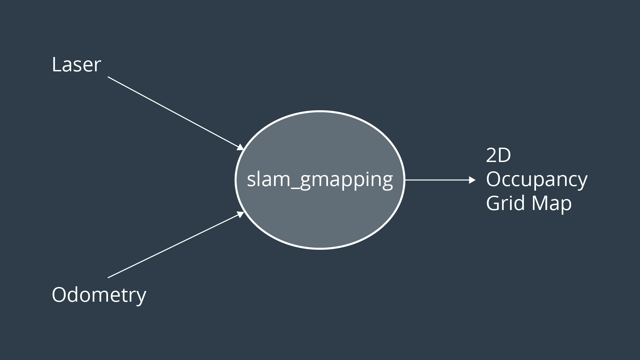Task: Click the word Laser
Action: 76,65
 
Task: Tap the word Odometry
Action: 99,295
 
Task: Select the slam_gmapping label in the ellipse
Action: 320,179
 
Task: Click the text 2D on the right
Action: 498,155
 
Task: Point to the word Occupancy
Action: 536,180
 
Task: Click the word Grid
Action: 505,203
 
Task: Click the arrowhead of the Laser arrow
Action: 241,147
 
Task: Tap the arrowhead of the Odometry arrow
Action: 241,214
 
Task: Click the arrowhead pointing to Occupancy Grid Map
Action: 472,180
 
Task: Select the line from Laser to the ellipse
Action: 173,112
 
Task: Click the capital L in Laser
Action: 56,65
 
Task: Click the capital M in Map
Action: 540,203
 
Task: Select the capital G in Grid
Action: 493,203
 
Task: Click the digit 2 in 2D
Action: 491,155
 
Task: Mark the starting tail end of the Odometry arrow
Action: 109,277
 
